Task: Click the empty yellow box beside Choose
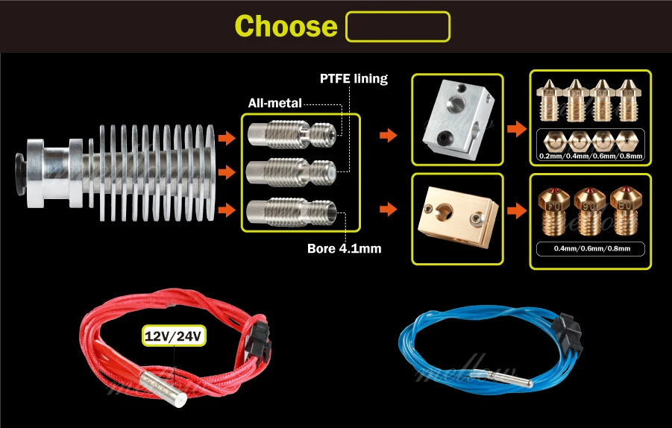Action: (x=398, y=26)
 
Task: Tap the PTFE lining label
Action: (x=354, y=78)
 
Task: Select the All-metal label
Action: (x=275, y=103)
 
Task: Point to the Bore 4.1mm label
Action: (x=344, y=248)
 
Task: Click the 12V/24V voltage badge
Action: (x=175, y=336)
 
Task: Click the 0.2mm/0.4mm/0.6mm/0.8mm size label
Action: (x=590, y=157)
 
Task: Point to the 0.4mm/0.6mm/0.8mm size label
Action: (x=590, y=248)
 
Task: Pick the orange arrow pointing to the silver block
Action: (x=387, y=136)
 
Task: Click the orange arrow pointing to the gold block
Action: (x=387, y=209)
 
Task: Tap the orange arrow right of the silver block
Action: (x=515, y=130)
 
